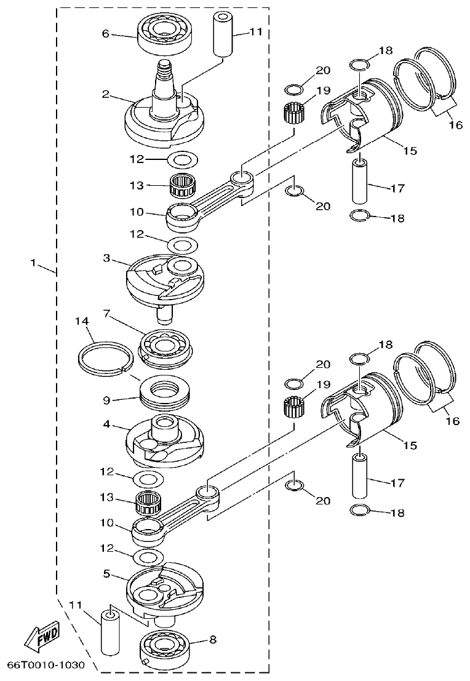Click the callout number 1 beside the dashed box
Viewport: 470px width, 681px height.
pos(34,263)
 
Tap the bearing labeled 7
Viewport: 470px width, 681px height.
pos(168,346)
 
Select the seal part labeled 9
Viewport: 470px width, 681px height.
pos(166,397)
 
